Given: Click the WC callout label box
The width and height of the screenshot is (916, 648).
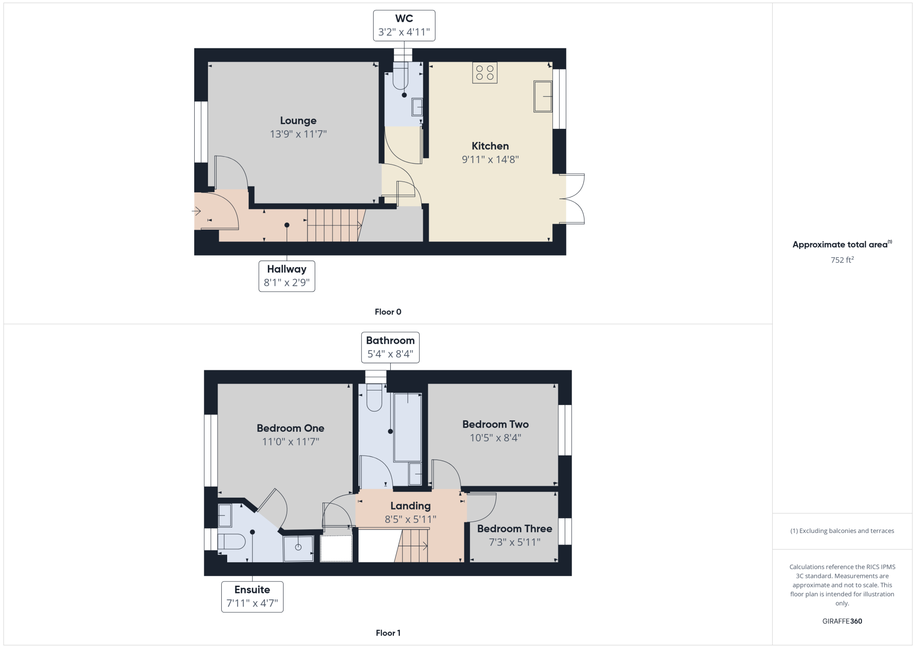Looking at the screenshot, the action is pos(404,26).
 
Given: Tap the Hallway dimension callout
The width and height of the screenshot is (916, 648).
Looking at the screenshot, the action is pos(287,276).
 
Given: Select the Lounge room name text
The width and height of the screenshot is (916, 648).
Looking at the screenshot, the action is pos(298,121).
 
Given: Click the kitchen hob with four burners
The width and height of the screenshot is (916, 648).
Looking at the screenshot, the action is pos(485,73).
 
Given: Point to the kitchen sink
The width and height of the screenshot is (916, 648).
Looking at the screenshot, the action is pos(543,96).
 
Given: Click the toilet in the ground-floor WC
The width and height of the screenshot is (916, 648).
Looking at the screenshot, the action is pos(400,76).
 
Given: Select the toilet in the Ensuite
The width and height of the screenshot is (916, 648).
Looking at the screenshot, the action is pos(232,542).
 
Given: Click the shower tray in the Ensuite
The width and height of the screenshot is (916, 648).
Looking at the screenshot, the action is pos(298,548).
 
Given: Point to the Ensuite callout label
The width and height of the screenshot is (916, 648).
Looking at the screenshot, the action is pos(252,597).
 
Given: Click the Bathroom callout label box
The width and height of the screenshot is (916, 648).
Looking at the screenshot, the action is pos(390,347).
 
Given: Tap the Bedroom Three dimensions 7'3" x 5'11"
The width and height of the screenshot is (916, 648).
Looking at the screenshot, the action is pos(514,542).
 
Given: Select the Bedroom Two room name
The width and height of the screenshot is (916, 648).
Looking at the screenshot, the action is pos(496,424).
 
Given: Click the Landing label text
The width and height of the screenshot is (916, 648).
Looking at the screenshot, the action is pos(410,506).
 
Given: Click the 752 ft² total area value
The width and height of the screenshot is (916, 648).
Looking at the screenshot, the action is pos(842,260).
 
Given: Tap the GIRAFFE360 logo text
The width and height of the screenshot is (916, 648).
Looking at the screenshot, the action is pos(842,621).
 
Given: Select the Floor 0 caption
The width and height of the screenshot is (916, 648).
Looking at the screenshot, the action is pos(388,312).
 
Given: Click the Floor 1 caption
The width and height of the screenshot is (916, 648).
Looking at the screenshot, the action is pos(388,633).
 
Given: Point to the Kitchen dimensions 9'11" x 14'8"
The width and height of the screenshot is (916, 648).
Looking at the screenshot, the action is pos(490,159).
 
